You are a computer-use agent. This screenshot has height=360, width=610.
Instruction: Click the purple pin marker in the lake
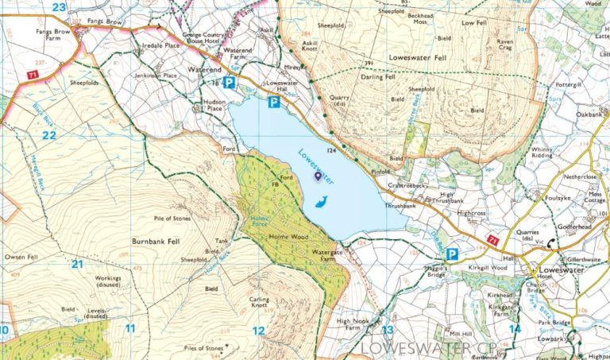coord(319,176)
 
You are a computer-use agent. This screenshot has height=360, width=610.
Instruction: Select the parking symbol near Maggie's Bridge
coord(452,254)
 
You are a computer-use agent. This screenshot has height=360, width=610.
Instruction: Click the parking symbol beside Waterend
coord(229,83)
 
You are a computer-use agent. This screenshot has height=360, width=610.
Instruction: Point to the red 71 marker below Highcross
coord(492,239)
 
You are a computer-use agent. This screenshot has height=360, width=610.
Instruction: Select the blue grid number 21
coord(77,264)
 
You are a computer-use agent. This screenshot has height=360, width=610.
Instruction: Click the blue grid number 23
coord(59,7)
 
